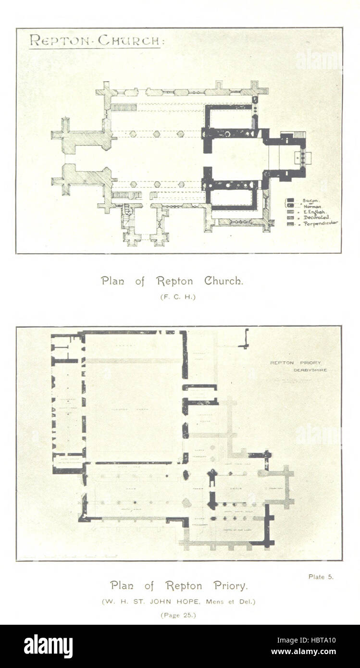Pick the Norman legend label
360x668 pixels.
[312, 206]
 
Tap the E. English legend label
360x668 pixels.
[315, 212]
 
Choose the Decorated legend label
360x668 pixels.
[316, 218]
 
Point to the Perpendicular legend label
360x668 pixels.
[320, 223]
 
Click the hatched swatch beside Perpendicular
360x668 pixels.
[291, 223]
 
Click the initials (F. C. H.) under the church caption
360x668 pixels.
[178, 297]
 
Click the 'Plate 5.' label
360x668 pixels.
[321, 577]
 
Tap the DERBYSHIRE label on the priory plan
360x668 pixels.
[310, 370]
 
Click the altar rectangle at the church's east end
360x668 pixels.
[302, 157]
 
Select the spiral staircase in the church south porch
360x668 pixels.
[128, 210]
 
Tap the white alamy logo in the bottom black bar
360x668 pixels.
[48, 646]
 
